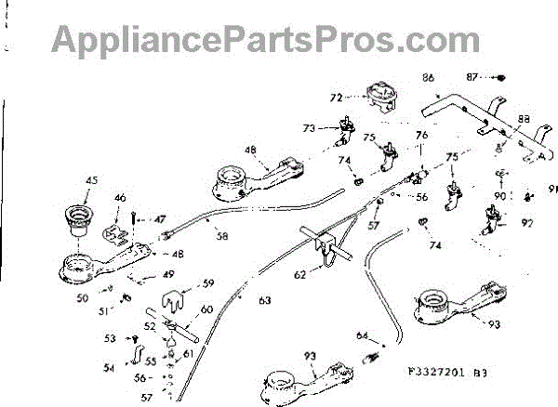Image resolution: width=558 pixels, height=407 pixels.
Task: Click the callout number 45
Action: [90, 180]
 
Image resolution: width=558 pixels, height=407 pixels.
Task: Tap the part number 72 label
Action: [336, 96]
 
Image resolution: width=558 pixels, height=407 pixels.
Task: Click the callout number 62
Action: [300, 275]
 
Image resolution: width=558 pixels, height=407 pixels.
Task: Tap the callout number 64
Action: [363, 335]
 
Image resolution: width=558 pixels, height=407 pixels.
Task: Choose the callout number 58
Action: [221, 237]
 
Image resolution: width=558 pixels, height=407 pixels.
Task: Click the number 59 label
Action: [208, 282]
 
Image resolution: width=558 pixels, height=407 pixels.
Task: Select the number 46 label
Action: [119, 198]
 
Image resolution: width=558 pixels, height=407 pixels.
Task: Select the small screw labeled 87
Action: [498, 77]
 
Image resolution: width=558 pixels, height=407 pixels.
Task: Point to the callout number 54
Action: [109, 369]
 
